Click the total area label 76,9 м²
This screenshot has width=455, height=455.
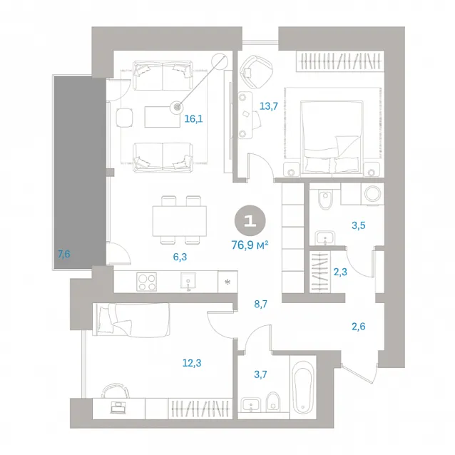(x=250, y=245)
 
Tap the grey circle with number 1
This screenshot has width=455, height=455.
(x=250, y=221)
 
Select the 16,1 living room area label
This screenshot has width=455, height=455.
(x=193, y=118)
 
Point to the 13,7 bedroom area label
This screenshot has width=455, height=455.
(x=268, y=106)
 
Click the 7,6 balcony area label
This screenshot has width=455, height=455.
(x=64, y=254)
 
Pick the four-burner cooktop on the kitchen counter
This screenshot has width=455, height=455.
(x=146, y=282)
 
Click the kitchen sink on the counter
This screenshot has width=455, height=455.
(x=188, y=282)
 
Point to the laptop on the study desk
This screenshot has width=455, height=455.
(x=118, y=407)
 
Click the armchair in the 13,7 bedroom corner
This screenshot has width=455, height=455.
(x=257, y=71)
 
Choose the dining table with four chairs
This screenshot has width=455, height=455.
(x=180, y=220)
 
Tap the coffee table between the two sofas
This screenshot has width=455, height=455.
(x=163, y=117)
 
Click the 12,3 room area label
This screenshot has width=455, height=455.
(x=192, y=363)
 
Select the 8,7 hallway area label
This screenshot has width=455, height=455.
(x=260, y=304)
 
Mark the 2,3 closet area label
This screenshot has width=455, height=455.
(x=340, y=272)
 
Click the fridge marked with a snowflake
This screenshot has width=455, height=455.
(x=227, y=282)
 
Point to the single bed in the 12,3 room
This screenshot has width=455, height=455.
(x=131, y=319)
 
